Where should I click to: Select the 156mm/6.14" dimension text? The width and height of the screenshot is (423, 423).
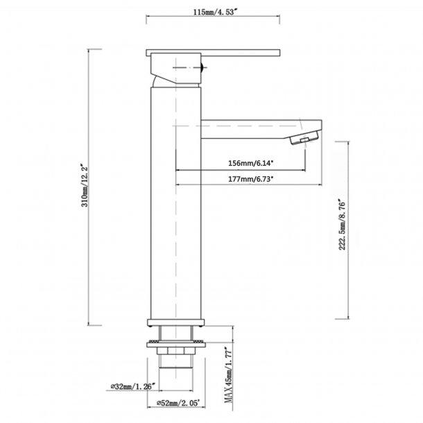click(x=250, y=163)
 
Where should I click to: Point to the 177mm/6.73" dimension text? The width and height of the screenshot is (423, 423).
click(x=250, y=179)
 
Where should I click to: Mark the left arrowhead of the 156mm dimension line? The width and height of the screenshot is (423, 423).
click(x=180, y=170)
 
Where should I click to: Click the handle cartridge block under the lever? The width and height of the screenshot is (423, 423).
click(x=175, y=69)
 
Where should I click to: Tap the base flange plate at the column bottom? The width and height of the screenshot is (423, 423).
click(x=177, y=321)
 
